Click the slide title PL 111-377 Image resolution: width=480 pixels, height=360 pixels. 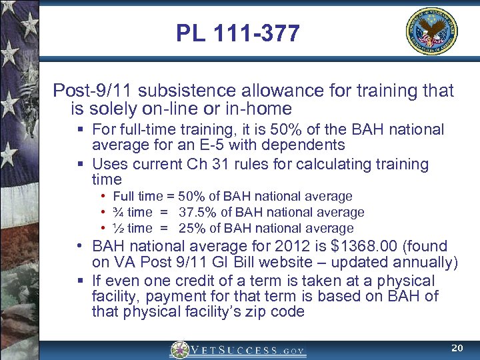238,33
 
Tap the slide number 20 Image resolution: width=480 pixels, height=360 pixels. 457,348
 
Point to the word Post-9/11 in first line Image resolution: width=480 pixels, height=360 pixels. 87,90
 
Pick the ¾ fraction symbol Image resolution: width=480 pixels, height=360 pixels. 118,212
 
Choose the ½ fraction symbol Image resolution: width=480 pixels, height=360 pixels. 118,228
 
